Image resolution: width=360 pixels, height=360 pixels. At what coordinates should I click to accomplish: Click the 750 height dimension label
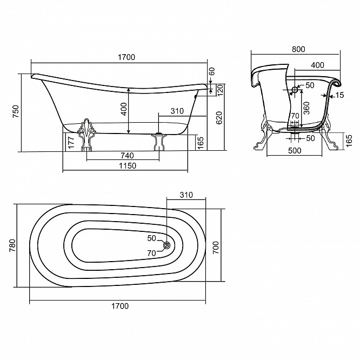pos(15,111)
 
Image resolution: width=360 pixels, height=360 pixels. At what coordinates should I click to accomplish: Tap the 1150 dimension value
pos(128,165)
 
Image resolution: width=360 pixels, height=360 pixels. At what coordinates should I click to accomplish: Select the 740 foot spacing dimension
pos(127,156)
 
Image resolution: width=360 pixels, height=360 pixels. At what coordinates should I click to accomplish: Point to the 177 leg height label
pos(71,142)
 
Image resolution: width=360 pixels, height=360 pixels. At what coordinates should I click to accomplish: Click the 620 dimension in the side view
pos(219,118)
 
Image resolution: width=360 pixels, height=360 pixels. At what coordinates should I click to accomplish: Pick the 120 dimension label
pos(220,90)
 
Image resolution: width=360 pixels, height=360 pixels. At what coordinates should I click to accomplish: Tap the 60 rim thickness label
pos(212,71)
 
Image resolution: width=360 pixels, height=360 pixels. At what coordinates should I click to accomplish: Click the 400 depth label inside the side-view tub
pos(124,109)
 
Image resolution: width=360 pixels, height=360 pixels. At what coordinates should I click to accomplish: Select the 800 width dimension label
pos(298,49)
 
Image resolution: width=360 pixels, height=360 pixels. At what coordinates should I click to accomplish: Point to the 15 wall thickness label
pos(339,95)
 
